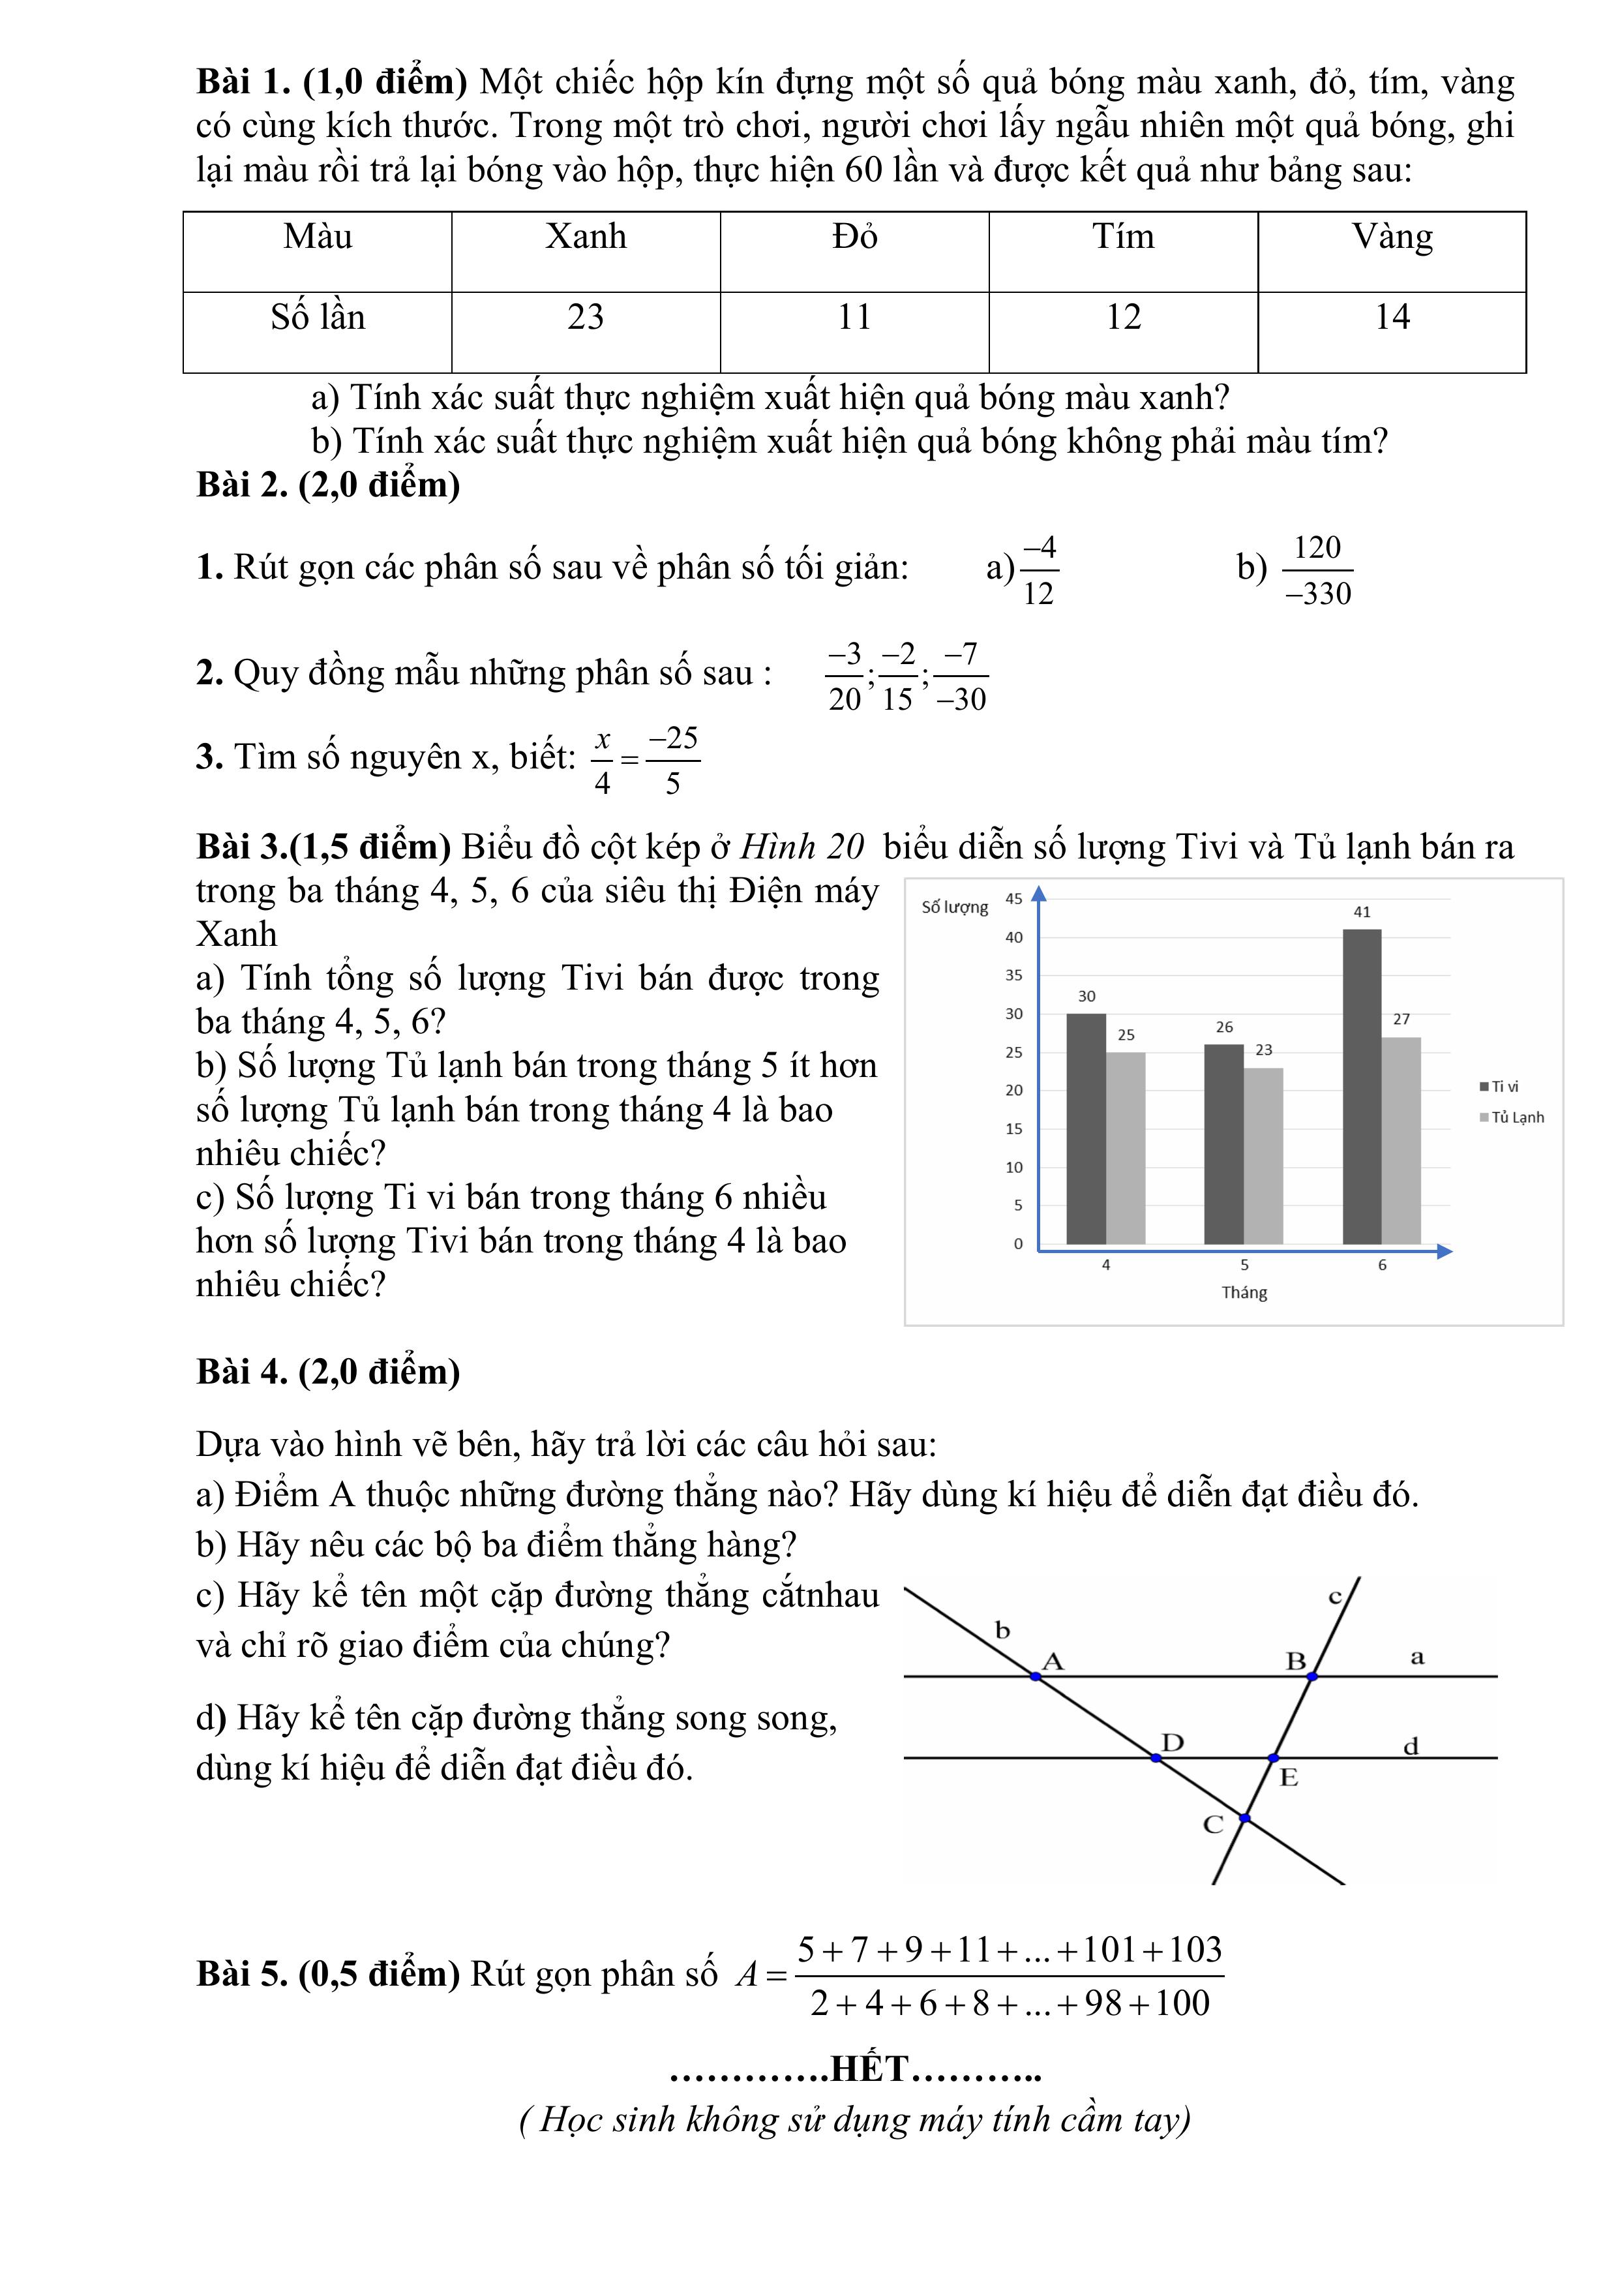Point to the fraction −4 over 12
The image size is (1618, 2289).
(x=1038, y=570)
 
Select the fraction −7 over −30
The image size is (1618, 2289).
(x=961, y=677)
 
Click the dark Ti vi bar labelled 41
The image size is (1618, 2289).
(x=1362, y=1087)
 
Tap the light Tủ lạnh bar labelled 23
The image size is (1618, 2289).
(x=1263, y=1157)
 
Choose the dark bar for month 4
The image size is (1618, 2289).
(x=1086, y=1129)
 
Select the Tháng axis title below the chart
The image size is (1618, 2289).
(x=1244, y=1292)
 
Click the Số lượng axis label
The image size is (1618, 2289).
(x=954, y=907)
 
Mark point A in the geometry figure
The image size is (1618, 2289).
(x=1036, y=1677)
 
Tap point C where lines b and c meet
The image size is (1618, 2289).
(x=1244, y=1819)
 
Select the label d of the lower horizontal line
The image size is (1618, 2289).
(x=1411, y=1747)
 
